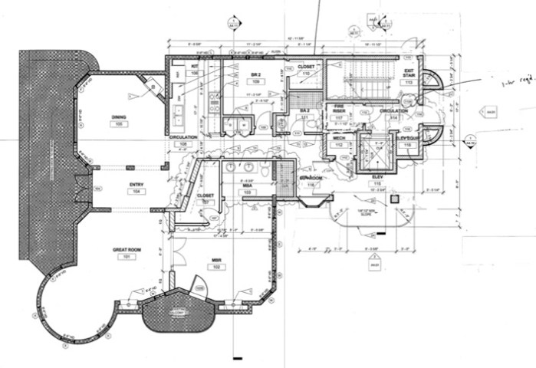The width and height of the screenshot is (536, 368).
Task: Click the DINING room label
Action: pyautogui.click(x=118, y=117)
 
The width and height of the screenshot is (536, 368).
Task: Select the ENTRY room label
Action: pyautogui.click(x=136, y=184)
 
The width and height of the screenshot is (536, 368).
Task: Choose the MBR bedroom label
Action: pyautogui.click(x=217, y=261)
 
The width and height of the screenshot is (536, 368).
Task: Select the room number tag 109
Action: pyautogui.click(x=256, y=81)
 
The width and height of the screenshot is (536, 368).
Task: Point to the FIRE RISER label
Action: pyautogui.click(x=338, y=110)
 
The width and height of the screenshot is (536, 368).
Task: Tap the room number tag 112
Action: pyautogui.click(x=338, y=146)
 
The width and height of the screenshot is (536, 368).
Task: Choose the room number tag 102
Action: pyautogui.click(x=217, y=268)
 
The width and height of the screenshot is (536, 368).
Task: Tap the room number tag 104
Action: pyautogui.click(x=136, y=192)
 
